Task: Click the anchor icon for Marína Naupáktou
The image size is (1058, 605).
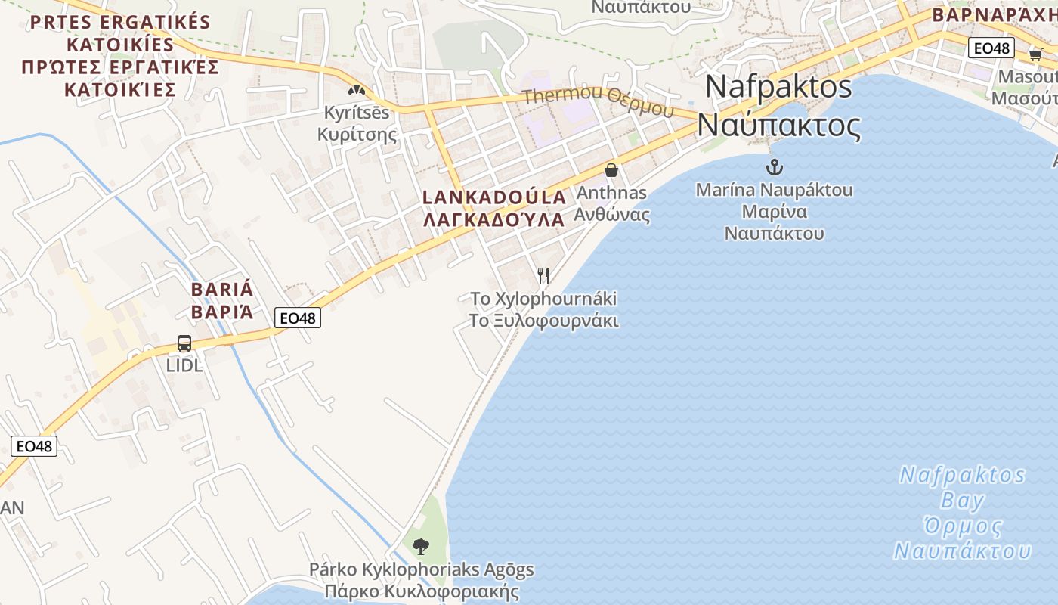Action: coord(775,167)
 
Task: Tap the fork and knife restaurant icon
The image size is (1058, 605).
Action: coord(543,276)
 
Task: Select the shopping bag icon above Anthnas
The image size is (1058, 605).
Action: coord(611,170)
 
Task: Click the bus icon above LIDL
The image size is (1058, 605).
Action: coord(184,343)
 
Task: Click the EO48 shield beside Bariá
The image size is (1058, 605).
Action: coord(298,318)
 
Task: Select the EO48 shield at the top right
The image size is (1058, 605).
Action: coord(991,48)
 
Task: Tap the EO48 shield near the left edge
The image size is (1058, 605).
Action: coord(34,446)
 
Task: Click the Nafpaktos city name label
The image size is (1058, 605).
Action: coord(778,87)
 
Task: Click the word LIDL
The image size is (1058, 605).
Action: coord(184,365)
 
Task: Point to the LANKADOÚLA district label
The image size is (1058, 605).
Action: coord(494,197)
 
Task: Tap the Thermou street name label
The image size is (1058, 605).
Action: coord(597,101)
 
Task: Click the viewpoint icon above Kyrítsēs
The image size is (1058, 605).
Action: coord(357,90)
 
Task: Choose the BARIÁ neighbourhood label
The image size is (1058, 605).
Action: coord(222,290)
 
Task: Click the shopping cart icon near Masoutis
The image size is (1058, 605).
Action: coord(1035,54)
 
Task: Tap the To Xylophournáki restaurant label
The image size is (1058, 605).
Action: coord(543,298)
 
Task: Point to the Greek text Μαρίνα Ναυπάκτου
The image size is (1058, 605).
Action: coord(774,222)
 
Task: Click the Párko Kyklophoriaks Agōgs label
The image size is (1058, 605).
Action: coord(422,569)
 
